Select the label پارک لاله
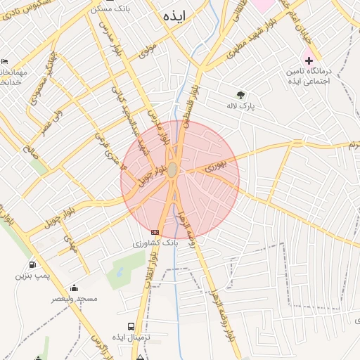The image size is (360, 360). click(x=240, y=106)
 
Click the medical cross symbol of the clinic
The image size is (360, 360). click(x=308, y=60)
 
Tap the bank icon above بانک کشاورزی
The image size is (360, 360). click(x=155, y=232)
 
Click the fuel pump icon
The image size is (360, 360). click(x=32, y=265)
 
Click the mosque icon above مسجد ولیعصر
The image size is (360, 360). click(x=74, y=288)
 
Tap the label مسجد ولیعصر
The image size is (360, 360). click(x=73, y=298)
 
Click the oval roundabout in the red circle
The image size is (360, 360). click(x=172, y=170)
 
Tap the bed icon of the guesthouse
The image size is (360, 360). click(x=5, y=62)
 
